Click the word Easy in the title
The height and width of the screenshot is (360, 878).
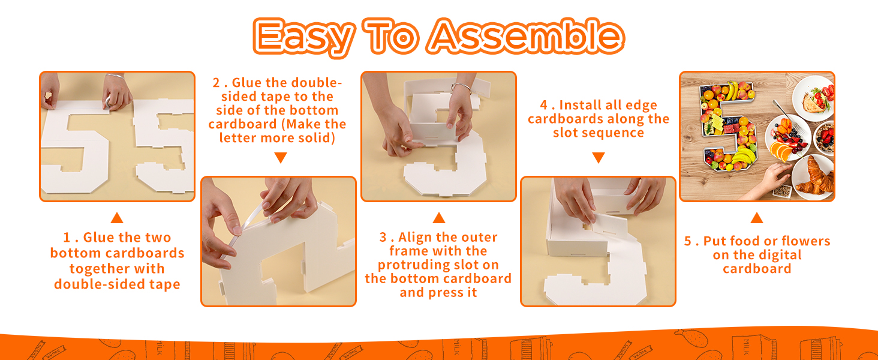click(303, 37)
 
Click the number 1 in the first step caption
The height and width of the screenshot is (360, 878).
click(67, 238)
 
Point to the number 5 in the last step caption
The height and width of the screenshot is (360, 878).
click(688, 241)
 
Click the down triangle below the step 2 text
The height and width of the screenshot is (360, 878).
click(281, 158)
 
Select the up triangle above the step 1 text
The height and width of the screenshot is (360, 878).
click(117, 218)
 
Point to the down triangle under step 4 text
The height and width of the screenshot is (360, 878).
click(598, 158)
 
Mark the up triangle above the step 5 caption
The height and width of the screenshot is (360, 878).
click(757, 218)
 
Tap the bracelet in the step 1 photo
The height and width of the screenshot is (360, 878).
click(115, 76)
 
